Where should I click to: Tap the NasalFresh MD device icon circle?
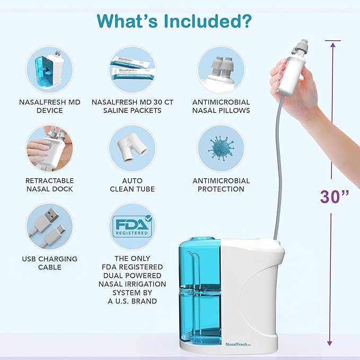[x=50, y=69]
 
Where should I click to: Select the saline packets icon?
[x=133, y=69]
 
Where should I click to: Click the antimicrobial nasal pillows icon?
[x=221, y=69]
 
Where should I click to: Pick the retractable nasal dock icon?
[x=50, y=148]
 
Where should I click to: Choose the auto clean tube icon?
[x=133, y=148]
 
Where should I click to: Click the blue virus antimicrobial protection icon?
[x=221, y=148]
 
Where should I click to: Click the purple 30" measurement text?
[x=334, y=196]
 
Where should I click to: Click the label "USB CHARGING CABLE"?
[x=50, y=263]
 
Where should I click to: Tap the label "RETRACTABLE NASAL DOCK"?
[x=50, y=185]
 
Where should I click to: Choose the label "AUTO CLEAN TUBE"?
[x=133, y=185]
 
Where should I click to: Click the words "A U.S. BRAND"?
[x=133, y=301]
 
